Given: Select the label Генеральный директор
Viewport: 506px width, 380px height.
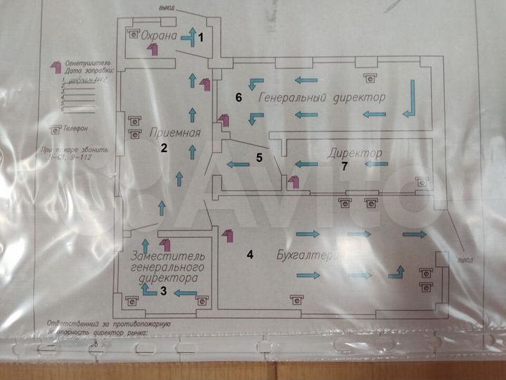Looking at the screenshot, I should point(322,96).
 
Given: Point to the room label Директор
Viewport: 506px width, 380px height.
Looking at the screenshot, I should point(356,153).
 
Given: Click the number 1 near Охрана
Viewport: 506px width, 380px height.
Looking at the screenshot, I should point(200,37).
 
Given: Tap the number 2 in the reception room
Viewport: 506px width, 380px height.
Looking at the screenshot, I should point(164,148).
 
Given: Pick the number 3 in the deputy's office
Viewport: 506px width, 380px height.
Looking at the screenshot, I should point(163,289).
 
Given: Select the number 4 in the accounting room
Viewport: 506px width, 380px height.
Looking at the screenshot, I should point(250,255).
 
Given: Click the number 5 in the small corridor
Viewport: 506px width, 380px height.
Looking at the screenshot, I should point(259,158).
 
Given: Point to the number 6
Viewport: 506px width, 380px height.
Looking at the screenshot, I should point(239,98).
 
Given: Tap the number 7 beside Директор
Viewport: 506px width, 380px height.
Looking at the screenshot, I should point(344,167).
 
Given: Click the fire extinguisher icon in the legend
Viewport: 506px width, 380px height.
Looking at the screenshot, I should point(54,68).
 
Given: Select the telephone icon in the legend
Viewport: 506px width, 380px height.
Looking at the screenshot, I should point(54,129).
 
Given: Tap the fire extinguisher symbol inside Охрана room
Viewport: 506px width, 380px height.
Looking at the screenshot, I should point(152,49).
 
